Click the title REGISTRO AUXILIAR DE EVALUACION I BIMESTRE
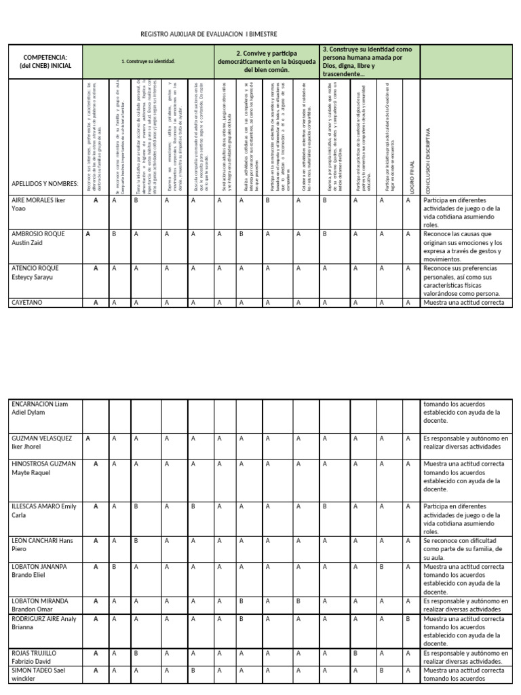click(208, 34)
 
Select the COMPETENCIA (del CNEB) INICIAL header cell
click(47, 62)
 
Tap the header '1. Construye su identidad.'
click(148, 62)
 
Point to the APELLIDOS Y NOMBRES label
click(45, 184)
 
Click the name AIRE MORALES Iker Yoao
click(39, 204)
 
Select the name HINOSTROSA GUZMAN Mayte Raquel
click(43, 468)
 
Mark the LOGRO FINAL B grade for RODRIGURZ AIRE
click(408, 618)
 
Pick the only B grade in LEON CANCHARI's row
click(136, 540)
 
